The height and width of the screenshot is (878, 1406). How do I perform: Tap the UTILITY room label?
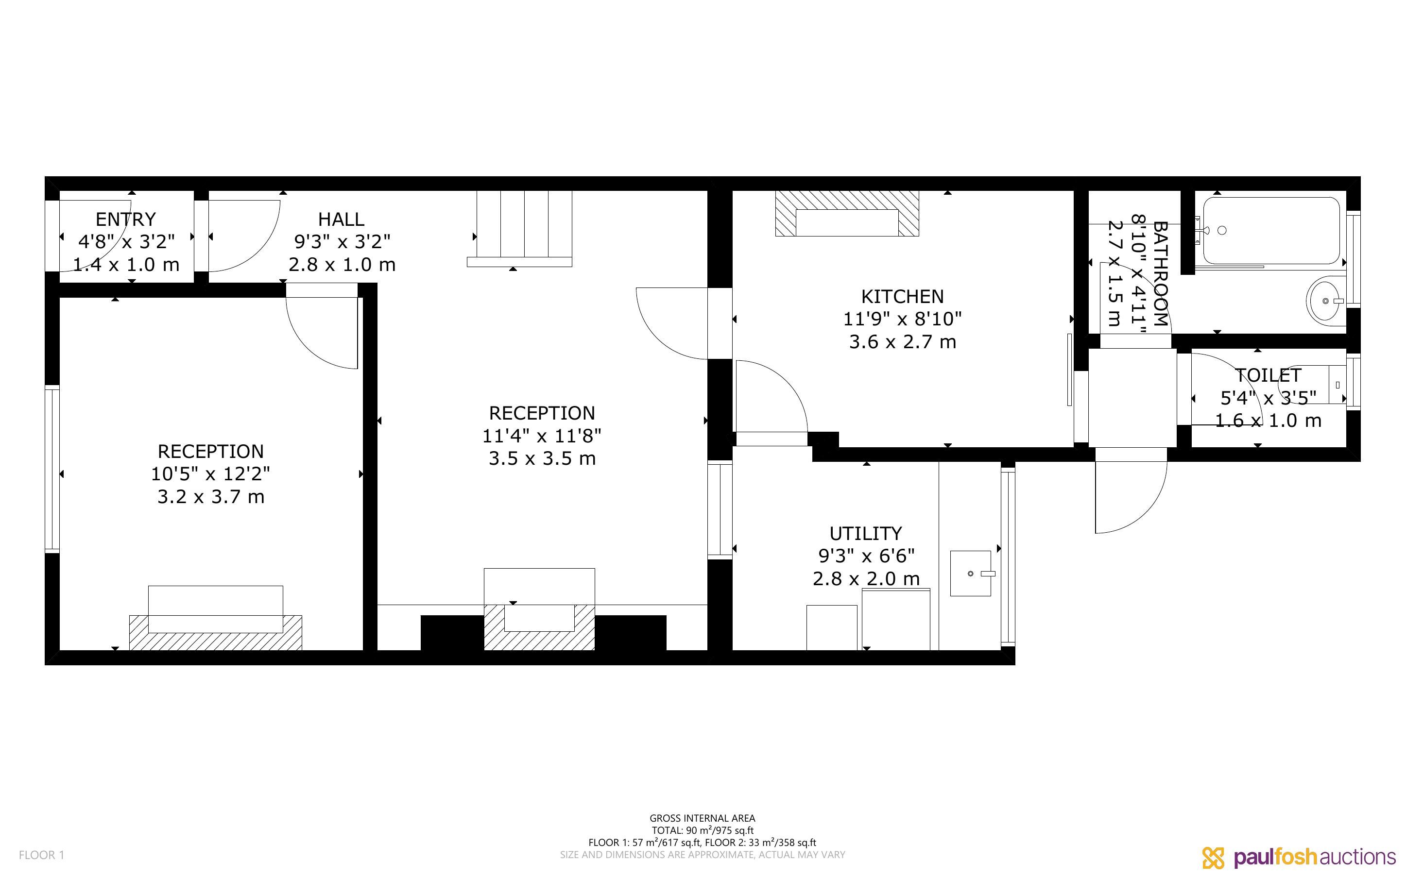coord(865,534)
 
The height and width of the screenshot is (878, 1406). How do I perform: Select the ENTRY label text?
coord(125,219)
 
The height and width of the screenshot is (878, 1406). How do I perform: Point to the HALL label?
coord(342,219)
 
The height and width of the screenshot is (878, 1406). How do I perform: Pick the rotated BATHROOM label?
coord(1160,273)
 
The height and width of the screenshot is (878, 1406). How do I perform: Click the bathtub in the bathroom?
coord(1271,231)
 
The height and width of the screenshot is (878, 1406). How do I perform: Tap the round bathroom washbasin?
coord(1326,301)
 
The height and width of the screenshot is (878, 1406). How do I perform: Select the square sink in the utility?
coord(970,573)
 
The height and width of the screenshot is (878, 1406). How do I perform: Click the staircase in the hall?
coord(519,229)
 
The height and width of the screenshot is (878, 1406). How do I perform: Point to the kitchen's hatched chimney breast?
coord(847,213)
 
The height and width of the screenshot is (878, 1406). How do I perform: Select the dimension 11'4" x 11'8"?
coord(542,436)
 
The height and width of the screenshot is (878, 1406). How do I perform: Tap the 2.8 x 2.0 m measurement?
coord(866,579)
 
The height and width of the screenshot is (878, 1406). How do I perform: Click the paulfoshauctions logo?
coord(1299,857)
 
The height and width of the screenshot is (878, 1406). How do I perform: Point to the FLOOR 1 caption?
coord(41,855)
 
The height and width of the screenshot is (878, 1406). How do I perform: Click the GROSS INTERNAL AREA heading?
coord(702,819)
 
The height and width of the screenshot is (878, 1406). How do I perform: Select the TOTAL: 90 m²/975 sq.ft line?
coord(702,830)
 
